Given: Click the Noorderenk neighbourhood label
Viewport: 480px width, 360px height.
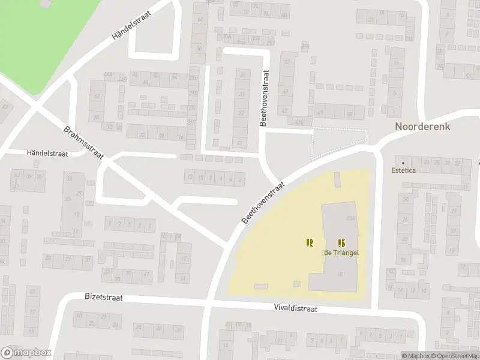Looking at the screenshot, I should click(422, 127).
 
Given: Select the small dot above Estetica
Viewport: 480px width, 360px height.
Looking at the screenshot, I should click(403, 163).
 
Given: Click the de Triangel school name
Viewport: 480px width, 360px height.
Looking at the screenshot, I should click(341, 253).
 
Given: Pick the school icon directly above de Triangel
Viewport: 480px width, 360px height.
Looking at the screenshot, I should click(341, 242).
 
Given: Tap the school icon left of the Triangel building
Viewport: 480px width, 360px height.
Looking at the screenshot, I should click(310, 242).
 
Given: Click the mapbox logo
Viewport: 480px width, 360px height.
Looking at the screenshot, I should click(26, 352).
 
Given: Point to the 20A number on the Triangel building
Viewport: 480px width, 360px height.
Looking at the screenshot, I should click(351, 219).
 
